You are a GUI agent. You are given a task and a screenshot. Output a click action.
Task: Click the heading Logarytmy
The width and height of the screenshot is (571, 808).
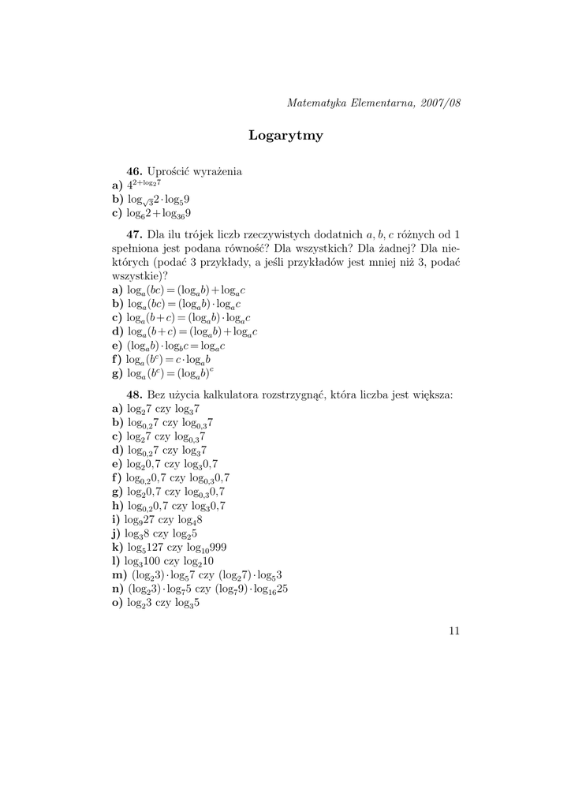click(x=285, y=136)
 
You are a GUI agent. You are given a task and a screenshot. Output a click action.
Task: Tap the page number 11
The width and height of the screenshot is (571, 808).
click(x=453, y=630)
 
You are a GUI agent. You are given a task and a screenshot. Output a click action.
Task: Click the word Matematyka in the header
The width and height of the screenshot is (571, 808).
click(x=313, y=103)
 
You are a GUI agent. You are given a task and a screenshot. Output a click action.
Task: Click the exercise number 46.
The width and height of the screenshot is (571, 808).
click(x=133, y=170)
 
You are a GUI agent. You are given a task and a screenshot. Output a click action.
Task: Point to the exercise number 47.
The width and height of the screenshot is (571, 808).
click(x=133, y=234)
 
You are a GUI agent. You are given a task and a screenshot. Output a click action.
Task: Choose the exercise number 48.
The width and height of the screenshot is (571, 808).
click(x=133, y=393)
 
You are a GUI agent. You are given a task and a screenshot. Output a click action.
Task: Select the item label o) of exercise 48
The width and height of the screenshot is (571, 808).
click(x=118, y=604)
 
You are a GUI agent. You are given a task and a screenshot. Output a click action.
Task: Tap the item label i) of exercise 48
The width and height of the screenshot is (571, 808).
click(x=117, y=519)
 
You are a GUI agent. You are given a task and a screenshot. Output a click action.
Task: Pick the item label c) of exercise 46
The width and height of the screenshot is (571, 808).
click(x=118, y=213)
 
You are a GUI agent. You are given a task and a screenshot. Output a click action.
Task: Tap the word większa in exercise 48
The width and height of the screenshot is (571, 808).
click(x=431, y=393)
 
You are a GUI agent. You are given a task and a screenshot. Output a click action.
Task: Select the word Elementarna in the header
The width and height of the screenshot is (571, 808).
click(x=378, y=103)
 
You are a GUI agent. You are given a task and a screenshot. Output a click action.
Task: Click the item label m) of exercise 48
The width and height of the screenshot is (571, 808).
click(x=120, y=575)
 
